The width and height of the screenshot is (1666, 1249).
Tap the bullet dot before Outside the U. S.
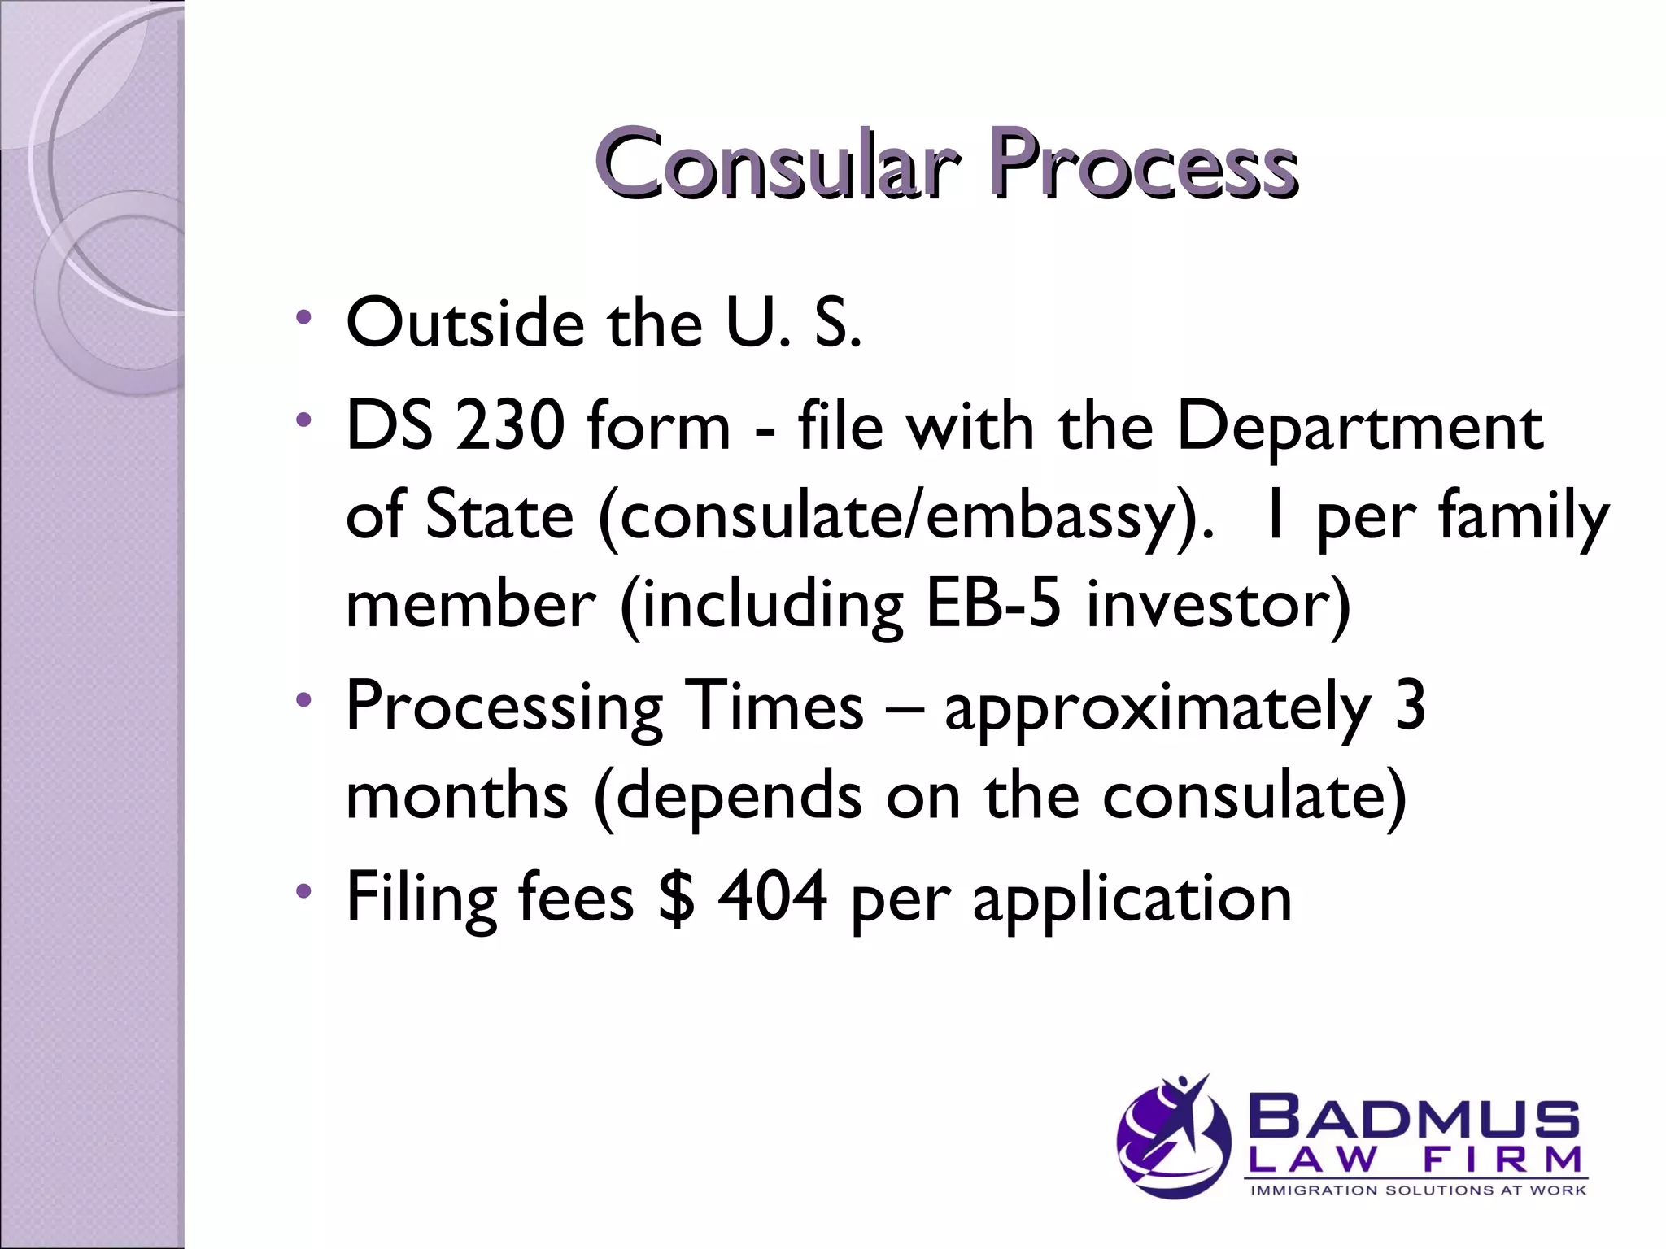(303, 317)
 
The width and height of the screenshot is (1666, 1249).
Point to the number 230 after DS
(510, 426)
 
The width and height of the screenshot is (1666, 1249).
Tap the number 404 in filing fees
(772, 897)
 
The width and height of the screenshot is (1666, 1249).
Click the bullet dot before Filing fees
(303, 891)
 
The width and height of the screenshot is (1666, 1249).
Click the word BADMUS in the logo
(1414, 1118)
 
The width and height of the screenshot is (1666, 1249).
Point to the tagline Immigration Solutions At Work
(1417, 1190)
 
